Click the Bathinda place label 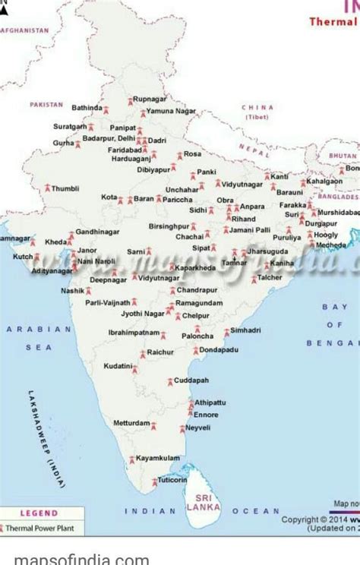tap(87, 108)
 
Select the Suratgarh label tap(70, 126)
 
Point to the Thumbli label tap(65, 188)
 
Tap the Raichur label tap(160, 352)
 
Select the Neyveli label tap(198, 428)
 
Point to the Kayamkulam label tap(158, 458)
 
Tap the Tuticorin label tap(172, 480)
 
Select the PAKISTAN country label tap(46, 104)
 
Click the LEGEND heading tap(39, 514)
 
